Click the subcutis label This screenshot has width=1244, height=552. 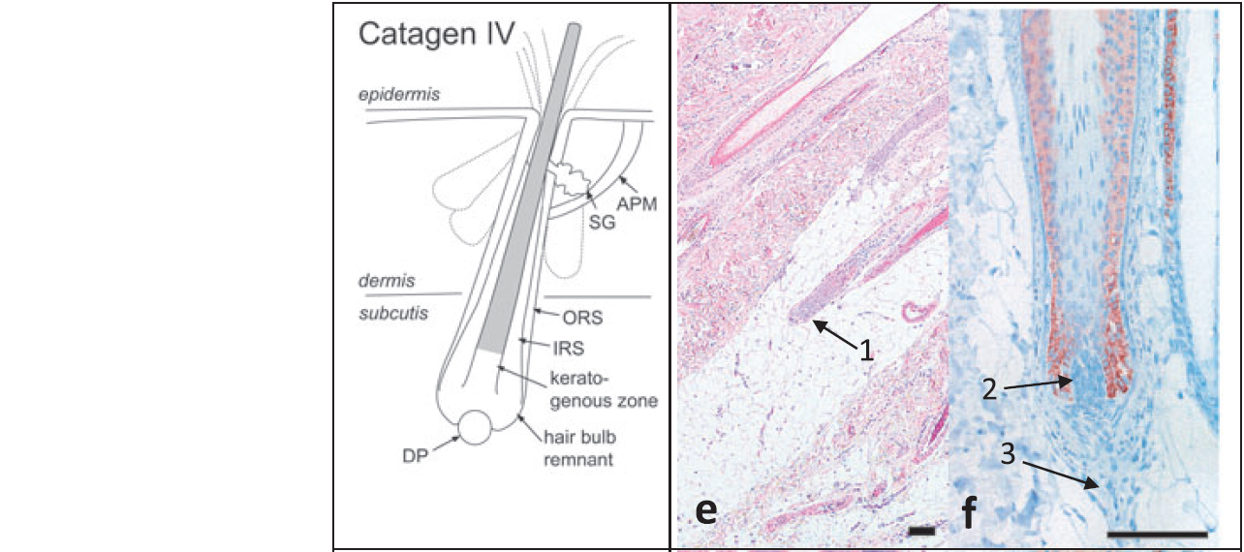click(x=392, y=313)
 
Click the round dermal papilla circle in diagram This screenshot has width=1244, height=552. click(x=475, y=427)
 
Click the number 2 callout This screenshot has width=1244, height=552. click(x=990, y=389)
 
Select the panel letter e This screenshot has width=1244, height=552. click(x=708, y=511)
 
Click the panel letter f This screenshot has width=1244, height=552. click(x=969, y=510)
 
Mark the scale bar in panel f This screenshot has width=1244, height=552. click(x=1156, y=532)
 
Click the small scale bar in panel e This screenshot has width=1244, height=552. click(x=921, y=531)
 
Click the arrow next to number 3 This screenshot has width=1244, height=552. click(x=1061, y=475)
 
